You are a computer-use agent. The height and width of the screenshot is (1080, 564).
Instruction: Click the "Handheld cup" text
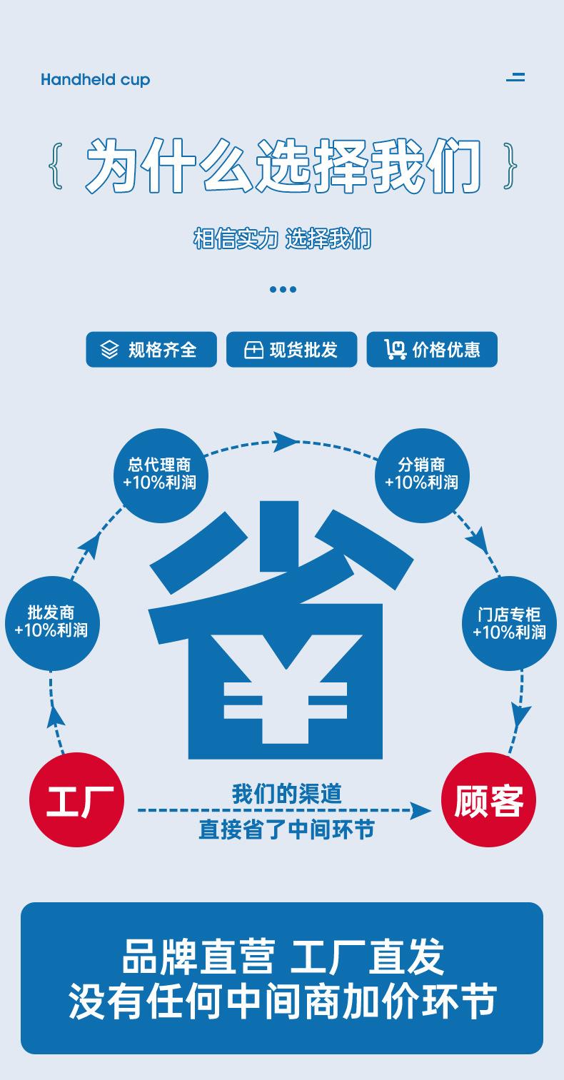[95, 79]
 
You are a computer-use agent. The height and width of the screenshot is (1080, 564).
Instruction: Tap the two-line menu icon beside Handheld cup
[515, 77]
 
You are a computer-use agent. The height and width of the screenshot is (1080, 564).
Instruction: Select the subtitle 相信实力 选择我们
[283, 238]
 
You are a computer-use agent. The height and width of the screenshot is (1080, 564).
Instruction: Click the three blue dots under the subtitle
[283, 289]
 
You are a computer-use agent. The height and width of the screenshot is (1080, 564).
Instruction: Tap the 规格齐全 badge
[151, 350]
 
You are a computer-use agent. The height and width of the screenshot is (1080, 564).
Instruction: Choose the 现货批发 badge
[291, 350]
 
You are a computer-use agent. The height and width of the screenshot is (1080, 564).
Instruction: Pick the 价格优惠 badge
[432, 350]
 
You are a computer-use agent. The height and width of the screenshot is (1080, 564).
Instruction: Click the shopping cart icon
[395, 350]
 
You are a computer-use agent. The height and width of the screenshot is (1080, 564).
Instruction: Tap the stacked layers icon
[109, 350]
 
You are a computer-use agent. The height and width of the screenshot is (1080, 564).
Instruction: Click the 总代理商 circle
[160, 475]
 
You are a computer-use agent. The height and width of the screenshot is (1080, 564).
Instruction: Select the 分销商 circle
[422, 475]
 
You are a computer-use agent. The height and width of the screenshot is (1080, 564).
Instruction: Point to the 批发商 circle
[51, 622]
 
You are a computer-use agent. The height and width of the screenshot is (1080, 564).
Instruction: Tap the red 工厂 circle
[76, 799]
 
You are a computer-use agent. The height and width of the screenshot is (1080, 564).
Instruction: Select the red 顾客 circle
[489, 799]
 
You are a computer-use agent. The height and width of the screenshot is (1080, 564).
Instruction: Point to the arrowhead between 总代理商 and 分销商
[286, 440]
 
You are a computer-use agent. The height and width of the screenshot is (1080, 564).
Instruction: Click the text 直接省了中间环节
[286, 829]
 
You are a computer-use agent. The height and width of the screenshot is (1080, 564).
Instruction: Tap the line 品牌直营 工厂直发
[283, 957]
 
